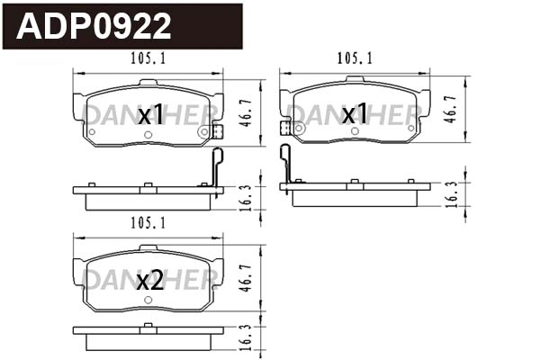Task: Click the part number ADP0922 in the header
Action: (x=94, y=26)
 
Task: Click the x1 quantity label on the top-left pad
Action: (x=150, y=114)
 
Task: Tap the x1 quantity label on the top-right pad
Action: (x=355, y=114)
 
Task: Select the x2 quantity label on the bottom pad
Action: (x=149, y=280)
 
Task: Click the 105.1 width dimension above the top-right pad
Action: (x=354, y=59)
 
